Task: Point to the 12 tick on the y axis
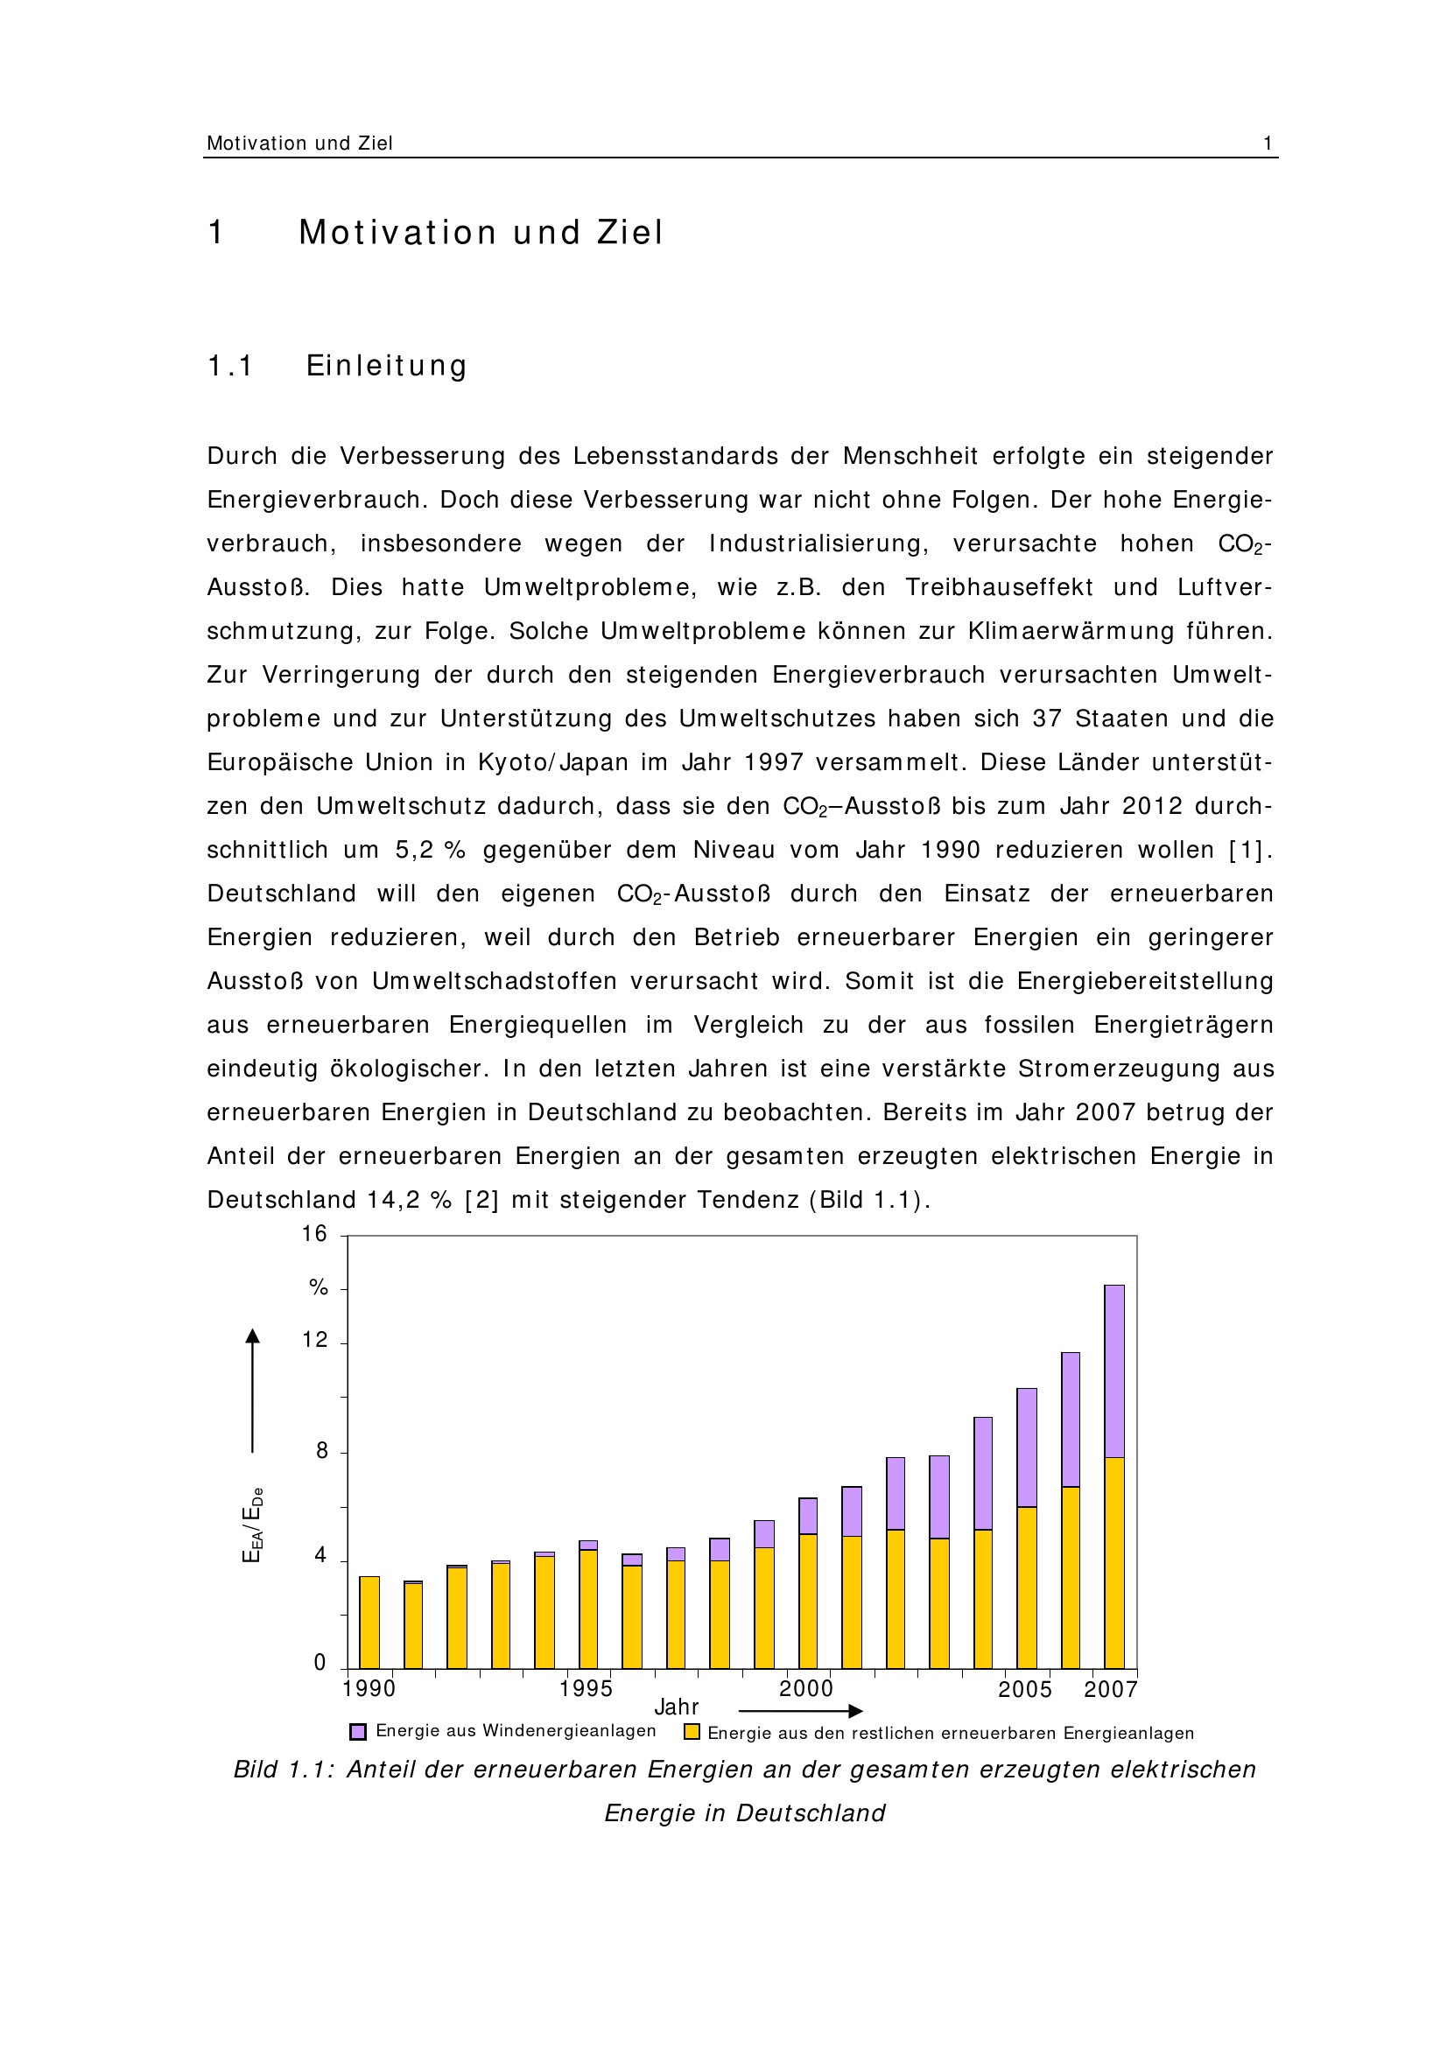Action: (315, 1340)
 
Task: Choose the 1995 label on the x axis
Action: (586, 1688)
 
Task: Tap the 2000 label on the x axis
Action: (806, 1688)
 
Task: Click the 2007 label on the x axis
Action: (1110, 1689)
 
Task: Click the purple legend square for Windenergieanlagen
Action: (358, 1731)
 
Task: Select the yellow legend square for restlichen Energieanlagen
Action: (691, 1731)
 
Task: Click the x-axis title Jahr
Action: (677, 1707)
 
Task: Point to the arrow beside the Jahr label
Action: (800, 1711)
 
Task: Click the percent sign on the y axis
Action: (319, 1287)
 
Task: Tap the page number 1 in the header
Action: (1267, 144)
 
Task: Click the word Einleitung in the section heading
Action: (386, 367)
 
